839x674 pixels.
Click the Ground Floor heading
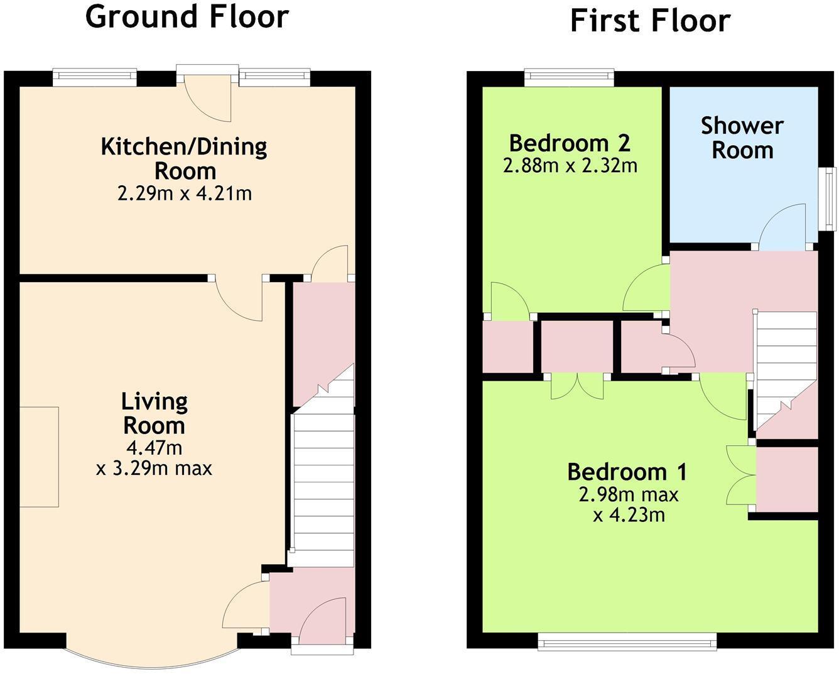[187, 17]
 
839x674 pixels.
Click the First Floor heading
[649, 21]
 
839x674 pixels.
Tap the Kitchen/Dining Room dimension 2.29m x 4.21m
[185, 193]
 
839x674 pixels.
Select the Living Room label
[154, 413]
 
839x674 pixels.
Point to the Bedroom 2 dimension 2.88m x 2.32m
[570, 166]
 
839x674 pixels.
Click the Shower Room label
[742, 138]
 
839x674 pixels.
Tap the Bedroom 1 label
[627, 471]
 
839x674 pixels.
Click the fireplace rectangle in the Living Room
[39, 457]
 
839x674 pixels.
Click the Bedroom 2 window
[569, 77]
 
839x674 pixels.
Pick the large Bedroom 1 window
[627, 641]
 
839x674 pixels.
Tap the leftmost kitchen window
[94, 77]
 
